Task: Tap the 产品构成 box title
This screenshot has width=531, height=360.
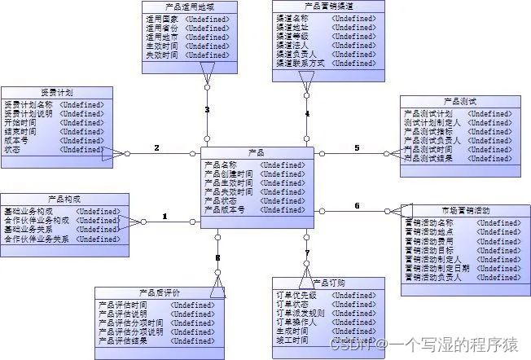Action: pyautogui.click(x=64, y=200)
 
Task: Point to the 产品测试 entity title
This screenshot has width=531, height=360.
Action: pyautogui.click(x=461, y=101)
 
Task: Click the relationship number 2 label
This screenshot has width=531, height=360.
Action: pyautogui.click(x=156, y=147)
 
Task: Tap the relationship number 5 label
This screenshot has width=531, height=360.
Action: pyautogui.click(x=356, y=147)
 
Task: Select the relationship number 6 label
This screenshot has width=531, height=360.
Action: pyautogui.click(x=356, y=205)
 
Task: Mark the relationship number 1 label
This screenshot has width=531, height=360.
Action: pyautogui.click(x=165, y=217)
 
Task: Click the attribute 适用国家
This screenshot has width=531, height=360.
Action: pyautogui.click(x=161, y=17)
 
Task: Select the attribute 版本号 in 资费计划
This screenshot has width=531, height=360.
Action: pyautogui.click(x=17, y=140)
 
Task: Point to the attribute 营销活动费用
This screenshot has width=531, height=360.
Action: pyautogui.click(x=429, y=241)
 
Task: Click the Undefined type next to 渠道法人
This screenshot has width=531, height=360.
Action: pyautogui.click(x=354, y=46)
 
